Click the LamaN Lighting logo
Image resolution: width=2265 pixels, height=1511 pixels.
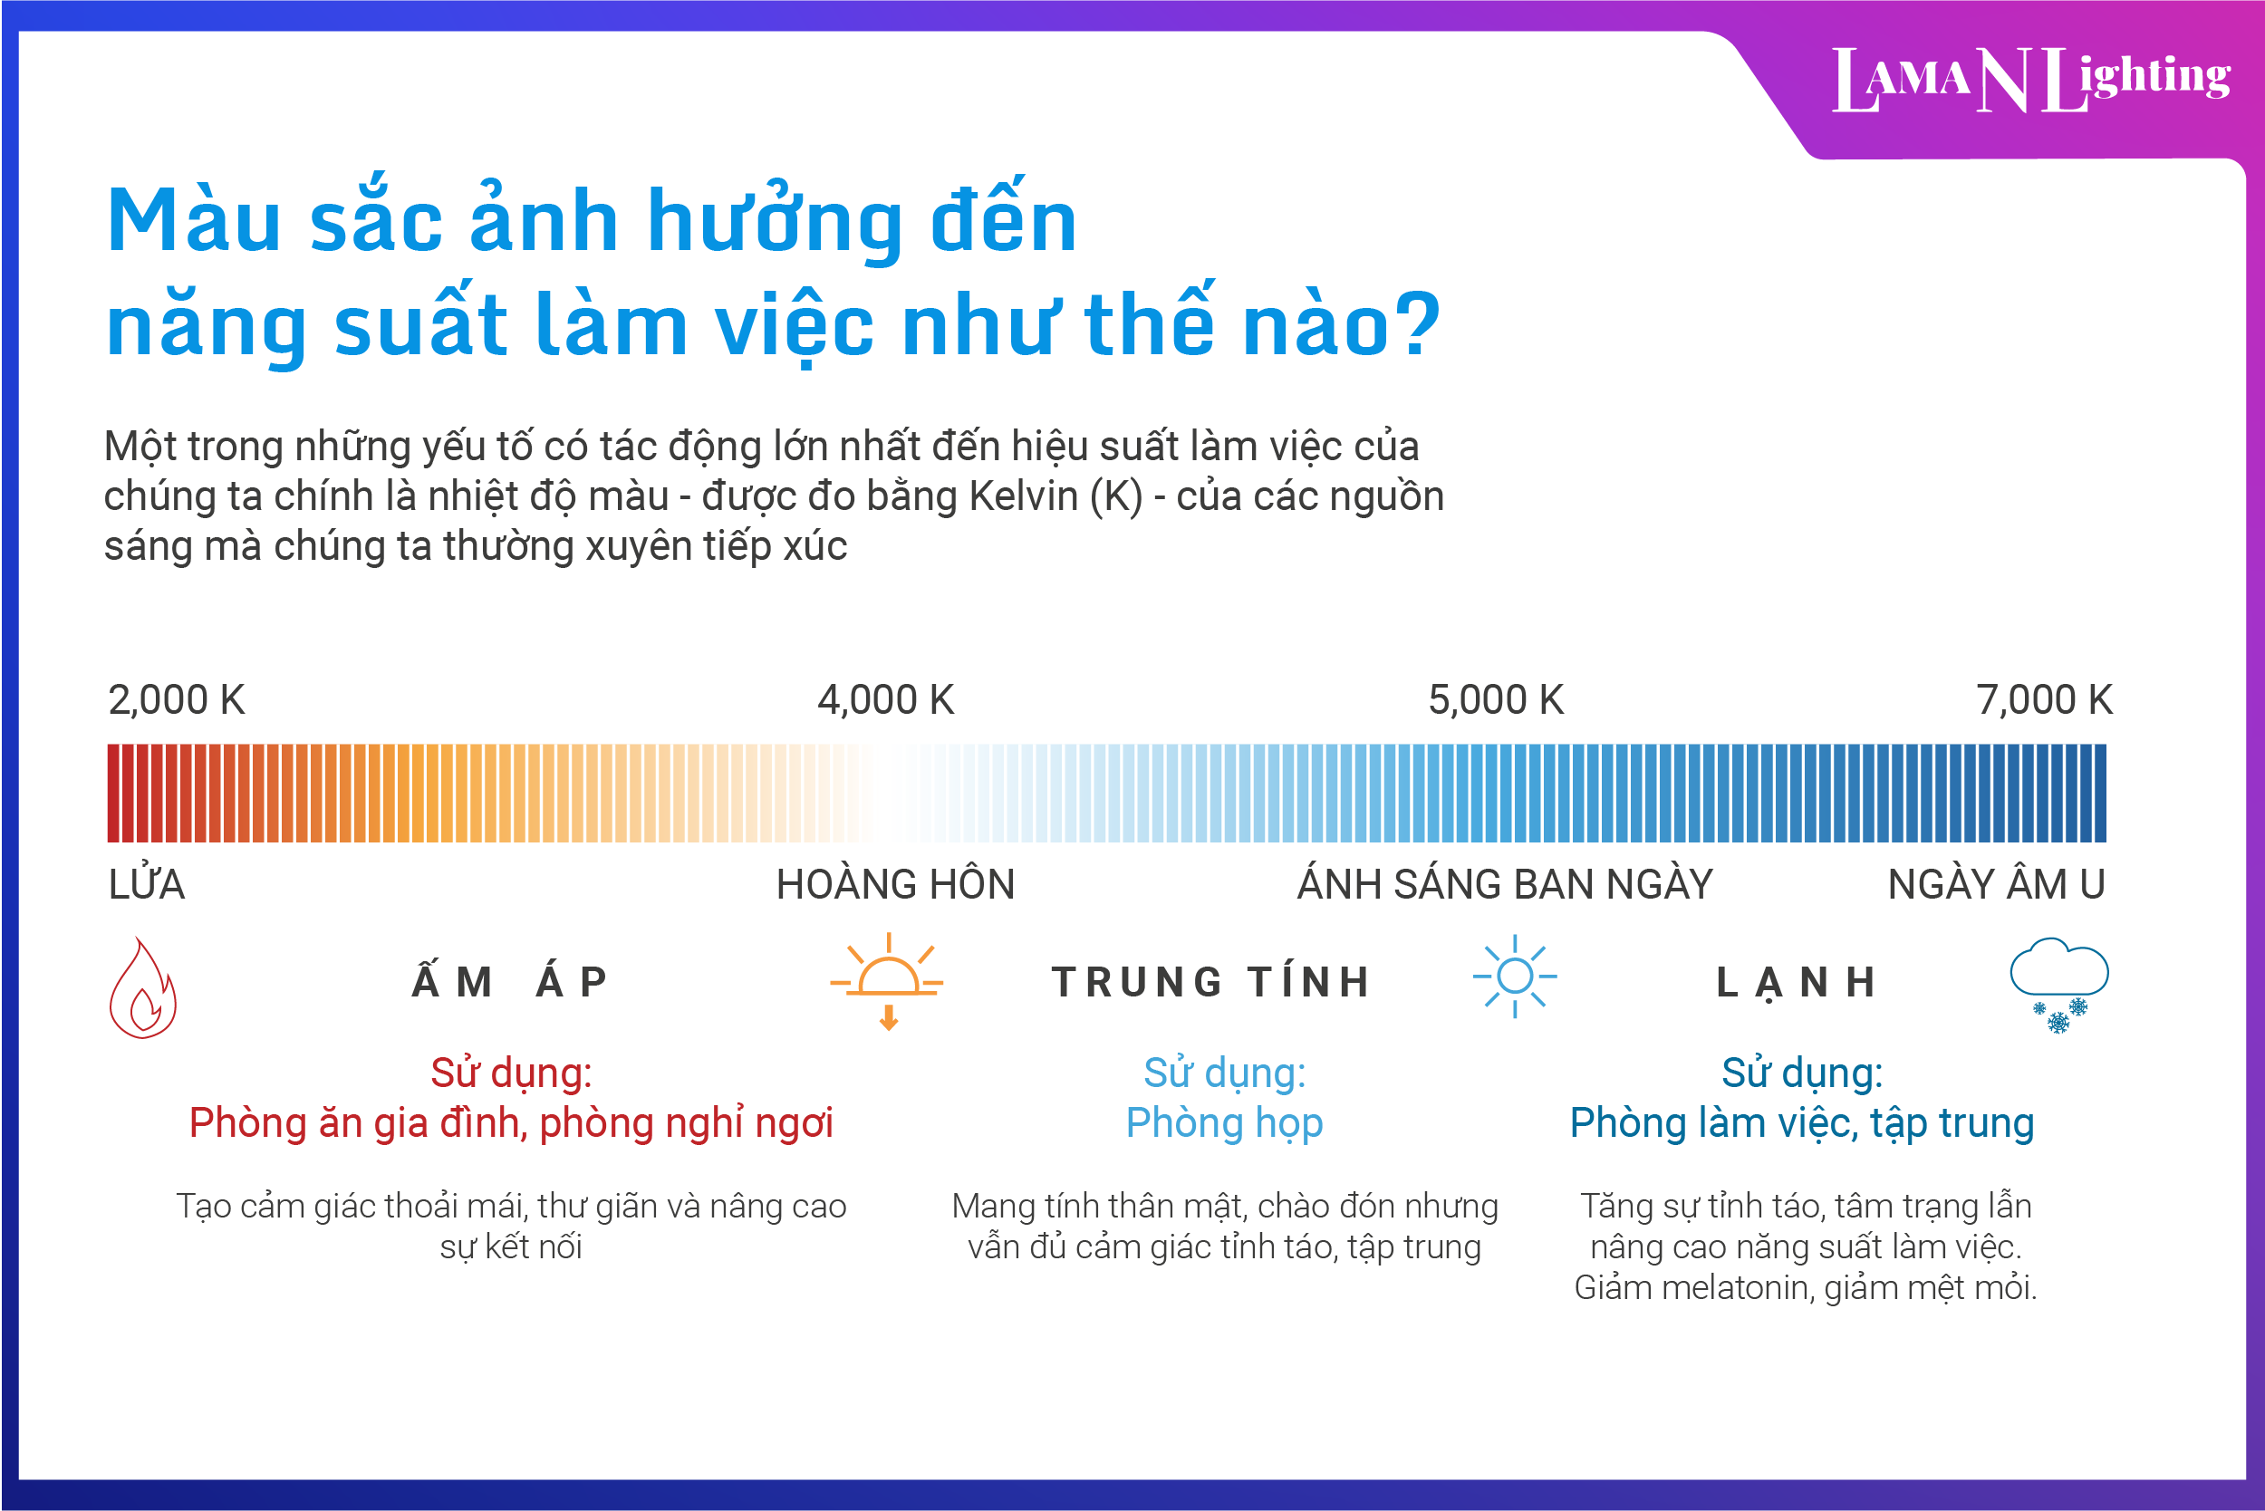pos(2029,80)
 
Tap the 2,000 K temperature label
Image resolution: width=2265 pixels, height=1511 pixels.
pos(177,700)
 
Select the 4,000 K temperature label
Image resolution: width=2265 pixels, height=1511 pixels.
pos(886,700)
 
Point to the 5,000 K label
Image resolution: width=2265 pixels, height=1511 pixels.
pos(1496,700)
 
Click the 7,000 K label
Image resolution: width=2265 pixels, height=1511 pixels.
pos(2043,700)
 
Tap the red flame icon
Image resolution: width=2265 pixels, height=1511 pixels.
pos(142,987)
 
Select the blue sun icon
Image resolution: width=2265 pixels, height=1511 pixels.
pos(1514,977)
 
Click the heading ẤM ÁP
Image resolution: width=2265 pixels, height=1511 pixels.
pos(511,982)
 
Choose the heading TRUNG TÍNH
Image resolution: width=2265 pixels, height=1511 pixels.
pos(1211,982)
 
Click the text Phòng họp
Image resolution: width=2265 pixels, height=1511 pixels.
pos(1224,1123)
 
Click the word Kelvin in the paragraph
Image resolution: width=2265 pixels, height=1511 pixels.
pos(1023,497)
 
